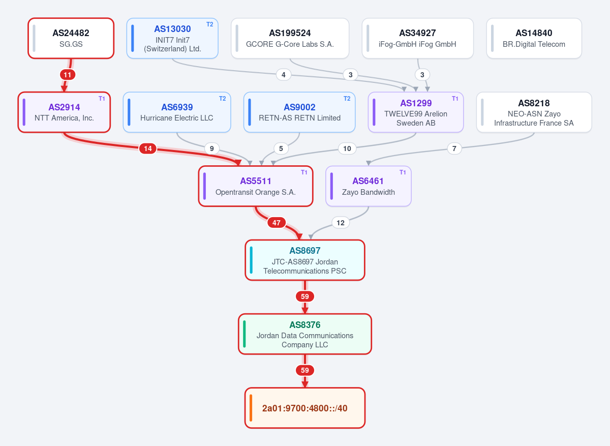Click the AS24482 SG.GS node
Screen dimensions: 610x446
(x=71, y=38)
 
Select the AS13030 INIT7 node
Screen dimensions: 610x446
(x=172, y=38)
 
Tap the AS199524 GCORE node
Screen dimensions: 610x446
(x=290, y=38)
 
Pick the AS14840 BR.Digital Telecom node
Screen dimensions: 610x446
(x=534, y=38)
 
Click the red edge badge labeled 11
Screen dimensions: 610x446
(x=68, y=75)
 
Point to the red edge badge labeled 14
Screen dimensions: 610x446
(x=147, y=148)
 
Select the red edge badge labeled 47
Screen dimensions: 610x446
(x=277, y=223)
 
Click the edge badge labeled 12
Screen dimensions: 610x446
(x=341, y=223)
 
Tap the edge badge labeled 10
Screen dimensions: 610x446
(x=347, y=148)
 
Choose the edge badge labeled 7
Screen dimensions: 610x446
(x=454, y=148)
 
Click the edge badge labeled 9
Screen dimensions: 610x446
(x=212, y=148)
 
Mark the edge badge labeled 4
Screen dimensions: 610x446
(x=284, y=75)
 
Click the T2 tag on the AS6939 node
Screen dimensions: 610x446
(x=223, y=99)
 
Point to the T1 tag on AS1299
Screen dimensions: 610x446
(x=455, y=99)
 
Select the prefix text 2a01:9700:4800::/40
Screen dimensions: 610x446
(x=304, y=408)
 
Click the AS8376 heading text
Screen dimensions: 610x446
(x=304, y=325)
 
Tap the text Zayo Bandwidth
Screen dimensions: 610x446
(x=369, y=192)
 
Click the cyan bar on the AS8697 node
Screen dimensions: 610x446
(x=251, y=260)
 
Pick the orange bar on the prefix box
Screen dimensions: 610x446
(x=251, y=408)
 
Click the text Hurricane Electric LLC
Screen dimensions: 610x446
(x=177, y=117)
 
